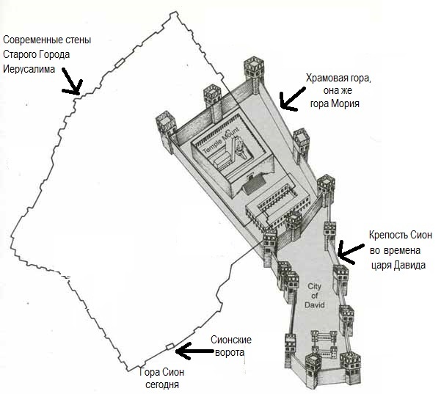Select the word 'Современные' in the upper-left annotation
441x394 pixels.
point(37,40)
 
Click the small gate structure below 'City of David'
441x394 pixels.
point(324,339)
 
